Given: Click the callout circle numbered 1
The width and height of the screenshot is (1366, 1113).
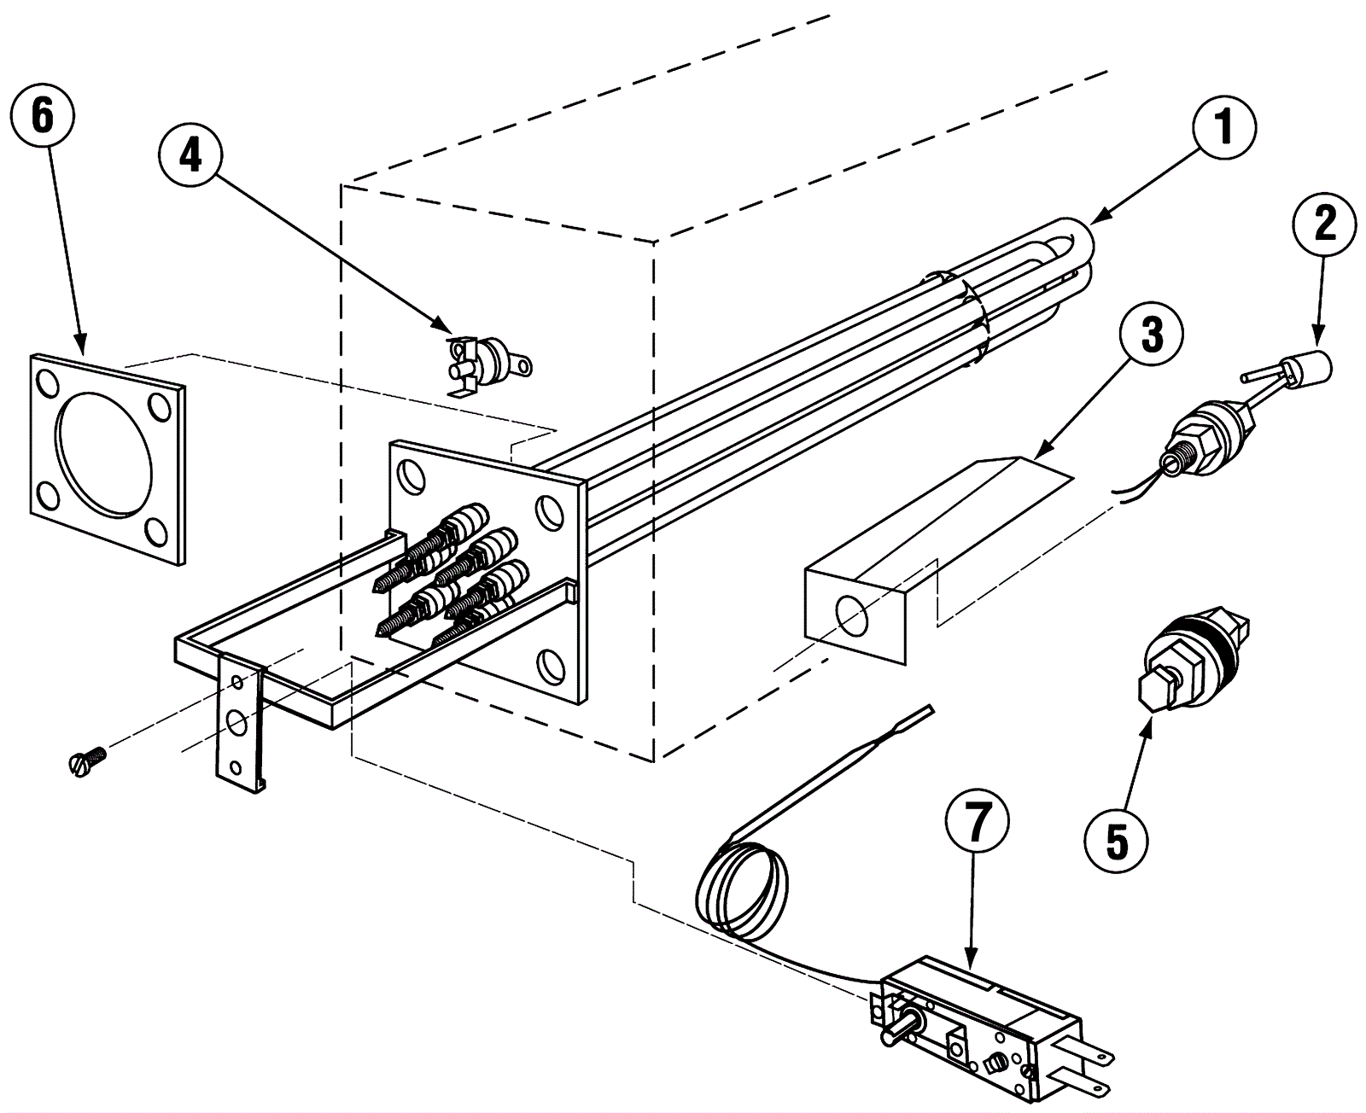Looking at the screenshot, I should [1223, 128].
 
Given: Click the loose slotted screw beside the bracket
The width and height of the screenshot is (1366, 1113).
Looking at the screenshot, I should [85, 759].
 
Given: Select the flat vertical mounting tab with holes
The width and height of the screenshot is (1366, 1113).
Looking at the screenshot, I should [241, 722].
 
